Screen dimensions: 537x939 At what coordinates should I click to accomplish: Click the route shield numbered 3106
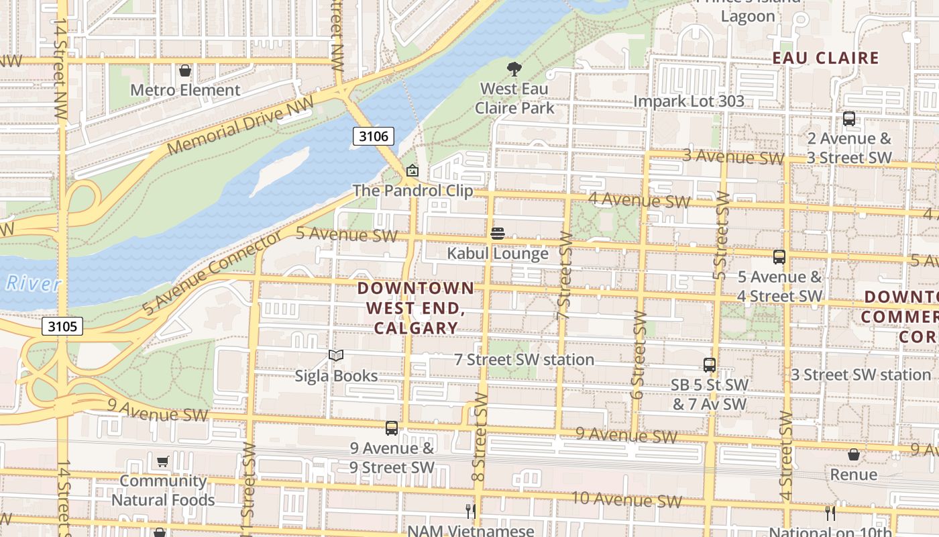(373, 137)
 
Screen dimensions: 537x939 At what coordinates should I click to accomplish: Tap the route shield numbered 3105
(63, 327)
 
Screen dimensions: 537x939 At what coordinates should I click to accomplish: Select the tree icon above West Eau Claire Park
(514, 68)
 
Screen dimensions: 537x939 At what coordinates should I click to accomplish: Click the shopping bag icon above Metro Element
(185, 70)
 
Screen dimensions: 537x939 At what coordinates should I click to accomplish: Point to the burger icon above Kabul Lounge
(497, 234)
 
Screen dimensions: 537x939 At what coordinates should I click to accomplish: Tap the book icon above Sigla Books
(336, 355)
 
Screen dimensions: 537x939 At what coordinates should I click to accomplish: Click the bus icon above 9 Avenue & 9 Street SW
(391, 428)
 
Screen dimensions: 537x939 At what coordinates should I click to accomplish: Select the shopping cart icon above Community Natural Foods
(162, 461)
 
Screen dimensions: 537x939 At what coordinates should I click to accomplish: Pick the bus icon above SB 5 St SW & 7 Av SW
(709, 365)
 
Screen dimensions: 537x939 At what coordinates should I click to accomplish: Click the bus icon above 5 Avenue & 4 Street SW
(779, 257)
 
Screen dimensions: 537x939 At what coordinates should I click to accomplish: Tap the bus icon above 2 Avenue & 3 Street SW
(848, 119)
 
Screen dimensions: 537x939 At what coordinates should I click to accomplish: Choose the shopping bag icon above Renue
(853, 455)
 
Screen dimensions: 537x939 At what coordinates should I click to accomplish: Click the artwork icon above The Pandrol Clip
(412, 170)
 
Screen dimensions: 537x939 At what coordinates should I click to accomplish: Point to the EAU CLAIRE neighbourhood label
(825, 58)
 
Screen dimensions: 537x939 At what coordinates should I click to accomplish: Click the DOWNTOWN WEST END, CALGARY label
(416, 308)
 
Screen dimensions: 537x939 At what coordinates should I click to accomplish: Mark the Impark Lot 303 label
(689, 101)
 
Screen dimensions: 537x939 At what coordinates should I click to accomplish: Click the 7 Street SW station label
(524, 360)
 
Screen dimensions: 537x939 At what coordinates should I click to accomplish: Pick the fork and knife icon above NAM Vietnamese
(471, 511)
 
